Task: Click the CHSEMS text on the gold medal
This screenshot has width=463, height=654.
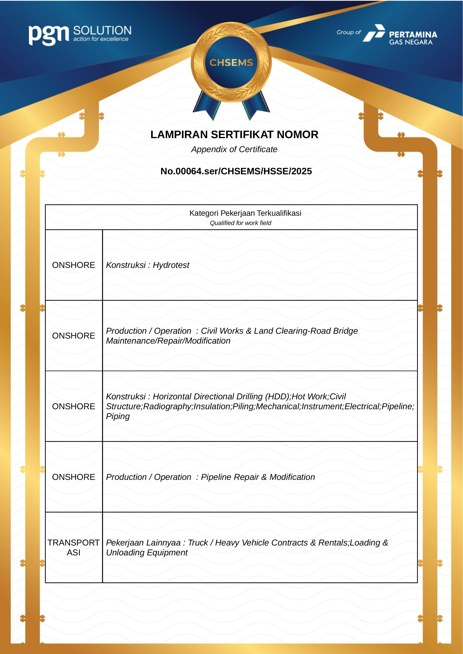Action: tap(231, 63)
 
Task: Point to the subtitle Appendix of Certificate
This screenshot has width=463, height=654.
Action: tap(234, 149)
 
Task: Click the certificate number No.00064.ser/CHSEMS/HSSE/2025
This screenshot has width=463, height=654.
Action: tap(236, 171)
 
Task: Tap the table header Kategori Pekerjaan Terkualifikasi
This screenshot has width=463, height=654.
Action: tap(245, 213)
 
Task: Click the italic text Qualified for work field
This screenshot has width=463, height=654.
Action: tap(240, 223)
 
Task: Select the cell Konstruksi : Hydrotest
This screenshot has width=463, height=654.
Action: tap(147, 265)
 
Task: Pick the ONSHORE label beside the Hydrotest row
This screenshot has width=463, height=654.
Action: tap(74, 265)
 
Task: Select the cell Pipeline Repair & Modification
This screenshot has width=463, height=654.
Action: tap(258, 477)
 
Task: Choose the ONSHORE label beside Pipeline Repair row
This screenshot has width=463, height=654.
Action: tap(74, 477)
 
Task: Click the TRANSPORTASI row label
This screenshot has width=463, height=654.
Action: tap(74, 548)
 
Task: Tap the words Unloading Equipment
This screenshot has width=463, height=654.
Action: tap(147, 553)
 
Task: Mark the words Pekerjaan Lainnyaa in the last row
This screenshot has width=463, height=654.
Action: tap(143, 543)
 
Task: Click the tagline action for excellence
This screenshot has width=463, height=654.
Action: tap(101, 39)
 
